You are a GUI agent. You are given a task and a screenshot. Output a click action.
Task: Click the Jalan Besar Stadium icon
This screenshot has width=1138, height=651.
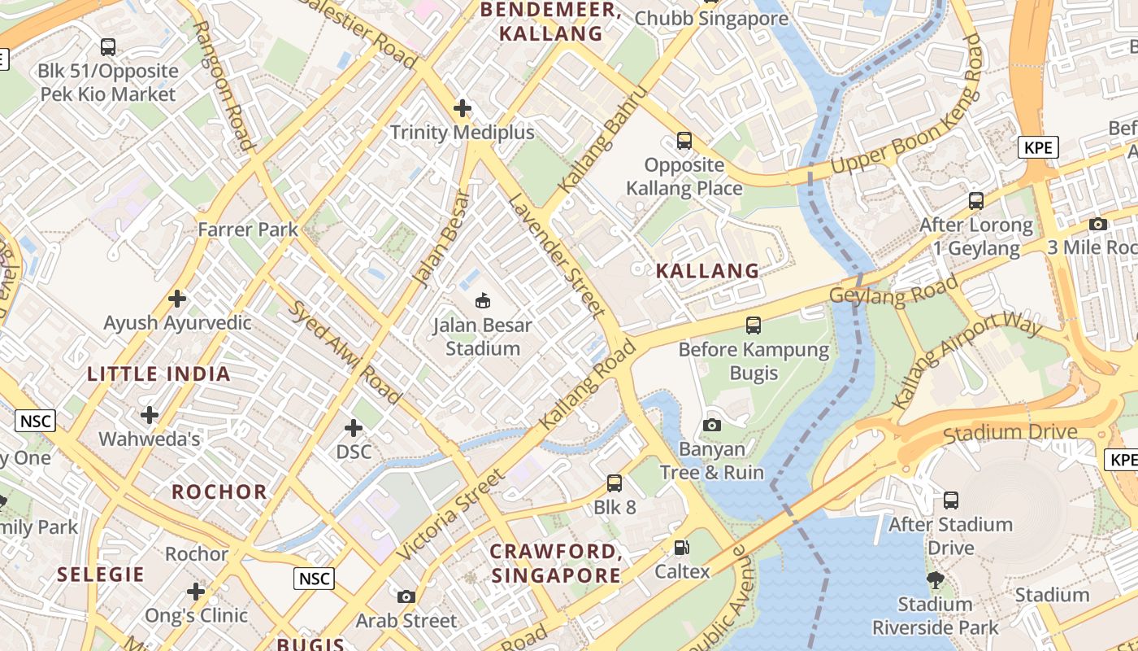(x=484, y=301)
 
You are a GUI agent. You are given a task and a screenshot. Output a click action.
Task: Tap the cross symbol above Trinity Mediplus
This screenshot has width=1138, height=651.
(x=463, y=107)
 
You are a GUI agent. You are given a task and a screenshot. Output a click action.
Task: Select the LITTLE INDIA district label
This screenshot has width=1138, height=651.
(x=159, y=374)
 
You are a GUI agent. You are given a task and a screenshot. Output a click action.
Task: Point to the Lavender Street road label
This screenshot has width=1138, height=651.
(x=557, y=255)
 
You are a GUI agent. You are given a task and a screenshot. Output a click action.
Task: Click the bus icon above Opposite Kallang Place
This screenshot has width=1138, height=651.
(x=684, y=141)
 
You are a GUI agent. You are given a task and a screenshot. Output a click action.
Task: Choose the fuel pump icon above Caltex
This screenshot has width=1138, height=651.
(x=682, y=548)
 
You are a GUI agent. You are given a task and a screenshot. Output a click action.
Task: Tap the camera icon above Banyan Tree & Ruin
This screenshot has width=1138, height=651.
(x=711, y=425)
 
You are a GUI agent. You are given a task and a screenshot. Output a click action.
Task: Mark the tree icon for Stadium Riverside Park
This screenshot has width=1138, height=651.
(x=935, y=579)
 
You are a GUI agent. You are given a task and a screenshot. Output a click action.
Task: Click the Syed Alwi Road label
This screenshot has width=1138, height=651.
(x=345, y=352)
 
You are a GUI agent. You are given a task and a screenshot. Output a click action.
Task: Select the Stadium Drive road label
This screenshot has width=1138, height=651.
(x=1010, y=432)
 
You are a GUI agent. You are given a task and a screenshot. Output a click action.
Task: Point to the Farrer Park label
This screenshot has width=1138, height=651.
(x=248, y=229)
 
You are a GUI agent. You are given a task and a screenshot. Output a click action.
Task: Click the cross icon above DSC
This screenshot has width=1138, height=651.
(x=354, y=428)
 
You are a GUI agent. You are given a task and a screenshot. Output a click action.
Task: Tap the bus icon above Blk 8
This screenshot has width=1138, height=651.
(x=615, y=483)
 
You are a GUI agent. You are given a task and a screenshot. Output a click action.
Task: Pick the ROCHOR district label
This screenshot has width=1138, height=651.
(x=219, y=492)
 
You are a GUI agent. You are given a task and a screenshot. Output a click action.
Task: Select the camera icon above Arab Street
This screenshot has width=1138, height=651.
(x=406, y=596)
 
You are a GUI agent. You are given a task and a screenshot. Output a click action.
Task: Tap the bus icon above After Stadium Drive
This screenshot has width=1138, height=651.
(x=950, y=500)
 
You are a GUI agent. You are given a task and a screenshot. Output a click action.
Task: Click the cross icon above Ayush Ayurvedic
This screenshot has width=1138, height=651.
(x=177, y=299)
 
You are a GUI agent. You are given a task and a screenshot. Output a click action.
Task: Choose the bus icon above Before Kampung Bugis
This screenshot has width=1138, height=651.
(x=754, y=325)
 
